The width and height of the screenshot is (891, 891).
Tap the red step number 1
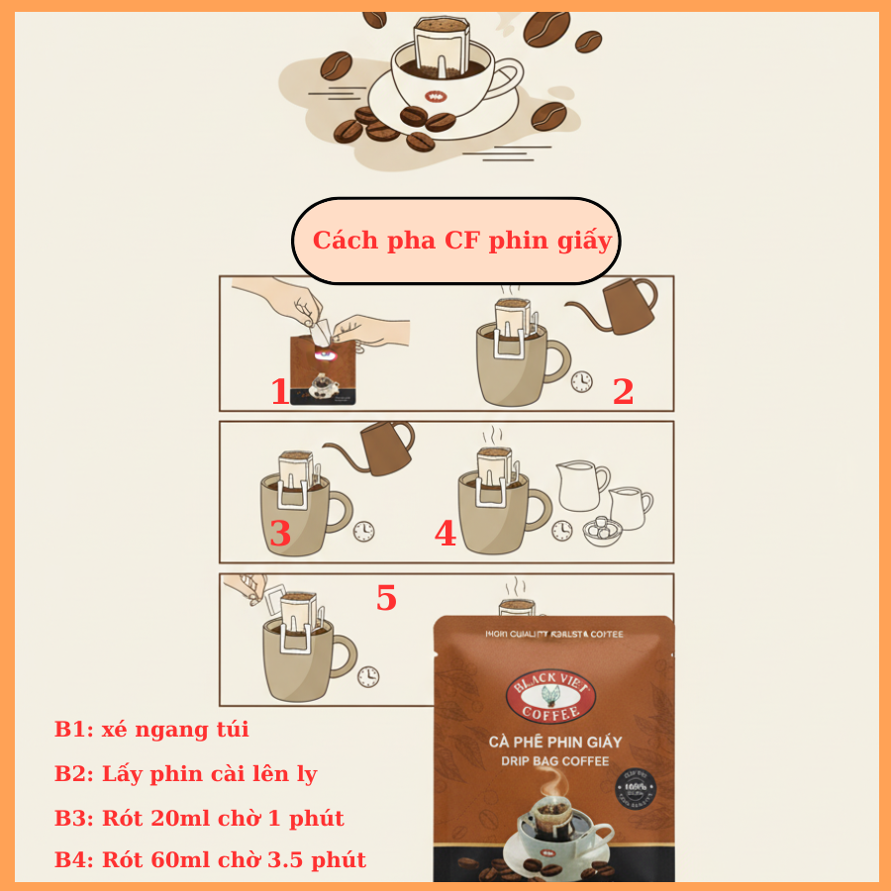280,392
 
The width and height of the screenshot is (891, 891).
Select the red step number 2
623,392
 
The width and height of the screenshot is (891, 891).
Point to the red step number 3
280,535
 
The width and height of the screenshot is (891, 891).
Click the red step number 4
445,535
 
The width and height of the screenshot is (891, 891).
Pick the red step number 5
386,598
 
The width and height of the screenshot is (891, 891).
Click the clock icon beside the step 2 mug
581,382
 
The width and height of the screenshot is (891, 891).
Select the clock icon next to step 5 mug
368,676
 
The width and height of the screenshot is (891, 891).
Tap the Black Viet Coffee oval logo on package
551,697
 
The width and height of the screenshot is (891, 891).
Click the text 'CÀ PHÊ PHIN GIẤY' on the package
554,742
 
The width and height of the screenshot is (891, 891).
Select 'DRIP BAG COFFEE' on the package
554,761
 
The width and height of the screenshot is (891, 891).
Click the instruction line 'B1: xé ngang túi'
151,730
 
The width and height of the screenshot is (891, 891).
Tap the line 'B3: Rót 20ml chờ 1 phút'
199,818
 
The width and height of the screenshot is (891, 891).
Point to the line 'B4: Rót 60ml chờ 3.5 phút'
210,859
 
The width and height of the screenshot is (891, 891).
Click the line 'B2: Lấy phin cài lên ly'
186,773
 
